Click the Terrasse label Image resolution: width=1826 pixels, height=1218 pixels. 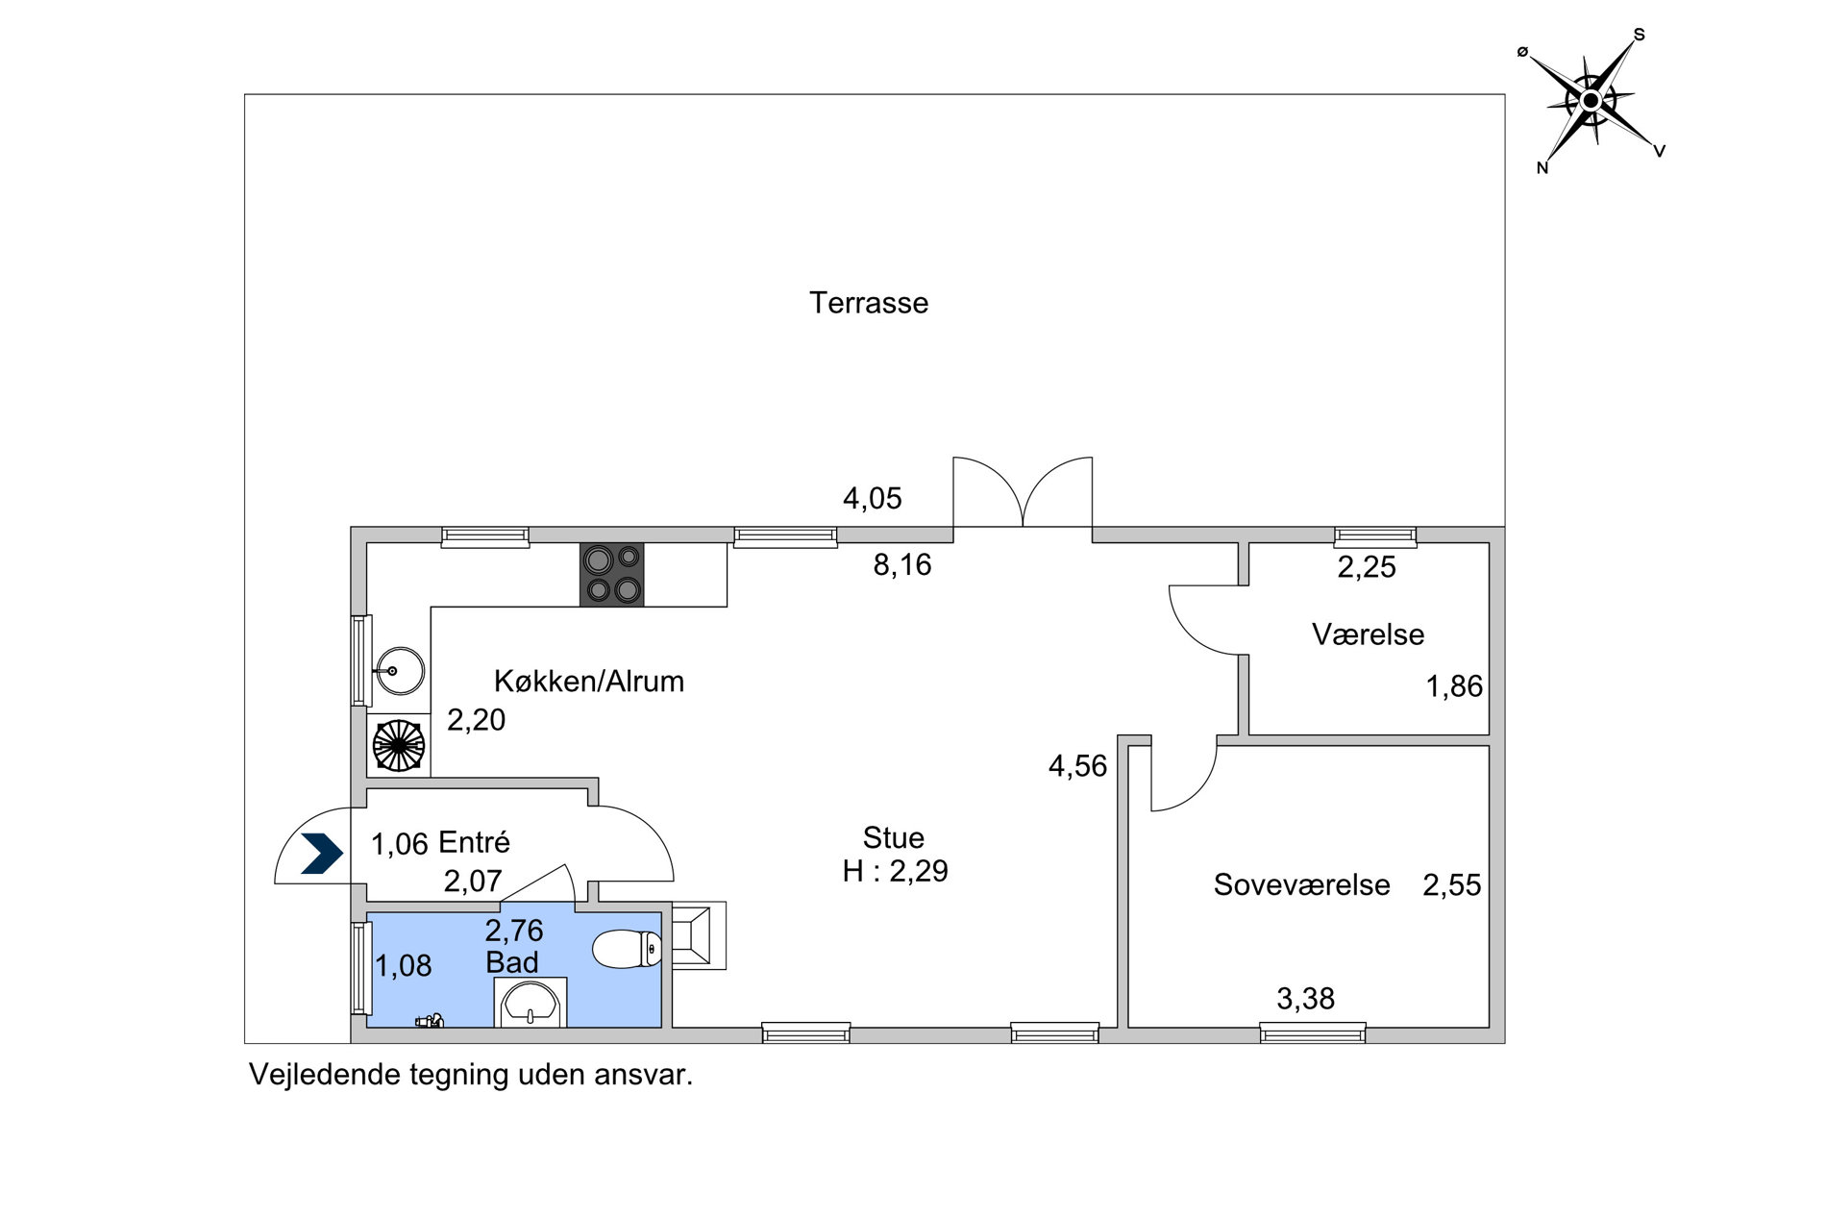tap(869, 303)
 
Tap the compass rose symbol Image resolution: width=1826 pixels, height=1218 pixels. tap(1591, 100)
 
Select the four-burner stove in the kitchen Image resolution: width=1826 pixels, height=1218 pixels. tap(611, 575)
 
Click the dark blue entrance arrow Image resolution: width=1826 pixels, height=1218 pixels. tap(322, 854)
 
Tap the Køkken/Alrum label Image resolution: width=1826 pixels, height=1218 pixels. tap(589, 681)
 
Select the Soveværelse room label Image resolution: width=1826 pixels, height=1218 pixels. tap(1301, 884)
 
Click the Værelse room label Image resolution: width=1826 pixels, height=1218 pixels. tap(1368, 634)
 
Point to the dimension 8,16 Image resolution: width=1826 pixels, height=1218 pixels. tap(902, 564)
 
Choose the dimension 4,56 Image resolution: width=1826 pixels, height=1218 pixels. tap(1077, 766)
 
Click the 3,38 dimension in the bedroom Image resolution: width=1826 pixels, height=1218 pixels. tap(1305, 999)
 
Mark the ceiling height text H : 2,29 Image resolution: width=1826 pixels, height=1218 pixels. tap(895, 871)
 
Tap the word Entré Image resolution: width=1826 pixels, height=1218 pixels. tap(474, 842)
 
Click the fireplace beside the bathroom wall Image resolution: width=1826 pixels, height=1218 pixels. tap(699, 934)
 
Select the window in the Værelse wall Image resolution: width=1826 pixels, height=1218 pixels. tap(1375, 536)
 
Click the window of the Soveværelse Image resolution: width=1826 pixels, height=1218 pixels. tap(1313, 1033)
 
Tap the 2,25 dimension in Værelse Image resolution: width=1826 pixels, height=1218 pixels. tap(1367, 567)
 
